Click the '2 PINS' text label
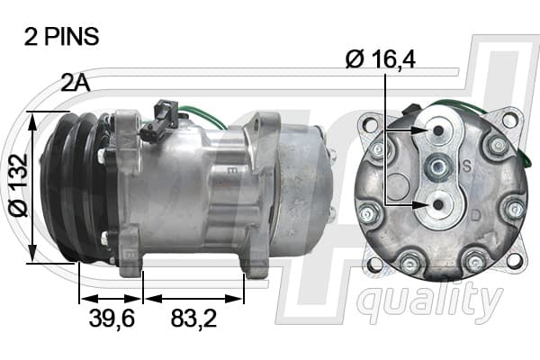[61, 37]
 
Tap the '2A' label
[75, 83]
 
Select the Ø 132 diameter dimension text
[18, 185]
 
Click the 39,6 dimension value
[112, 318]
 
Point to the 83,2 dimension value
[193, 318]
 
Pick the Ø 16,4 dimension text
[381, 58]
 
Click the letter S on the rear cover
[467, 166]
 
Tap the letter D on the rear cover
[475, 216]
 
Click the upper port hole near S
[438, 131]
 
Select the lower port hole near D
[438, 205]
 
